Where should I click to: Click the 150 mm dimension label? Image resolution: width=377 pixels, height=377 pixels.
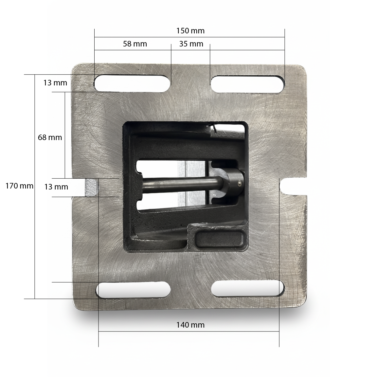(x=190, y=31)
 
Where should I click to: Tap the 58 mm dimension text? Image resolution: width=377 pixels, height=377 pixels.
(x=135, y=44)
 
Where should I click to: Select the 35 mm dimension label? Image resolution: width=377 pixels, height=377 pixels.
(x=191, y=44)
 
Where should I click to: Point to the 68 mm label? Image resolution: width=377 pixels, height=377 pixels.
(x=50, y=137)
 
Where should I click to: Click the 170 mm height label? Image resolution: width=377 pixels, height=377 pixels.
(x=20, y=186)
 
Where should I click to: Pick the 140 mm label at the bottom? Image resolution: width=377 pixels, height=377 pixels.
(x=190, y=325)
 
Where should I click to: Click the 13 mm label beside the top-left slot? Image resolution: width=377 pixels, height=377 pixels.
(x=55, y=83)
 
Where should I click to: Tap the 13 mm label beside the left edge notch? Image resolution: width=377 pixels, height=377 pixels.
(x=56, y=187)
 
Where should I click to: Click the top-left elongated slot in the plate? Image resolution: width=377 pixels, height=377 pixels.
(x=132, y=83)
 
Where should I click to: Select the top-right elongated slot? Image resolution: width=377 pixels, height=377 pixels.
(x=248, y=84)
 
